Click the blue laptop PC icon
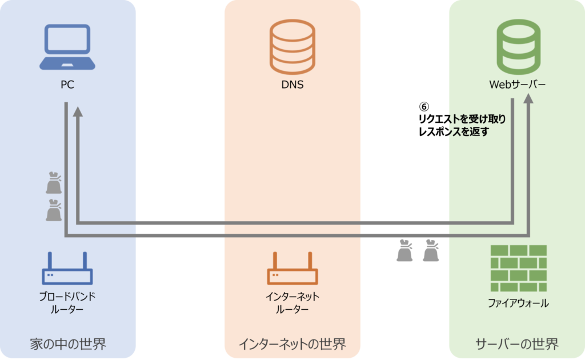(x=67, y=47)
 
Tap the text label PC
(x=67, y=85)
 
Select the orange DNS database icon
(x=292, y=47)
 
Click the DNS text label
(x=292, y=85)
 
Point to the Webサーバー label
(x=518, y=85)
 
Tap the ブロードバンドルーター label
(x=67, y=303)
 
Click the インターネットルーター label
(x=292, y=303)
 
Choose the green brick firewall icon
(x=518, y=267)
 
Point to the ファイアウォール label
(x=518, y=303)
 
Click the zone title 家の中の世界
(x=68, y=344)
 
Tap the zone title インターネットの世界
(x=292, y=344)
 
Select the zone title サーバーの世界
(x=517, y=344)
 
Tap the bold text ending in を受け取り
(x=474, y=119)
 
